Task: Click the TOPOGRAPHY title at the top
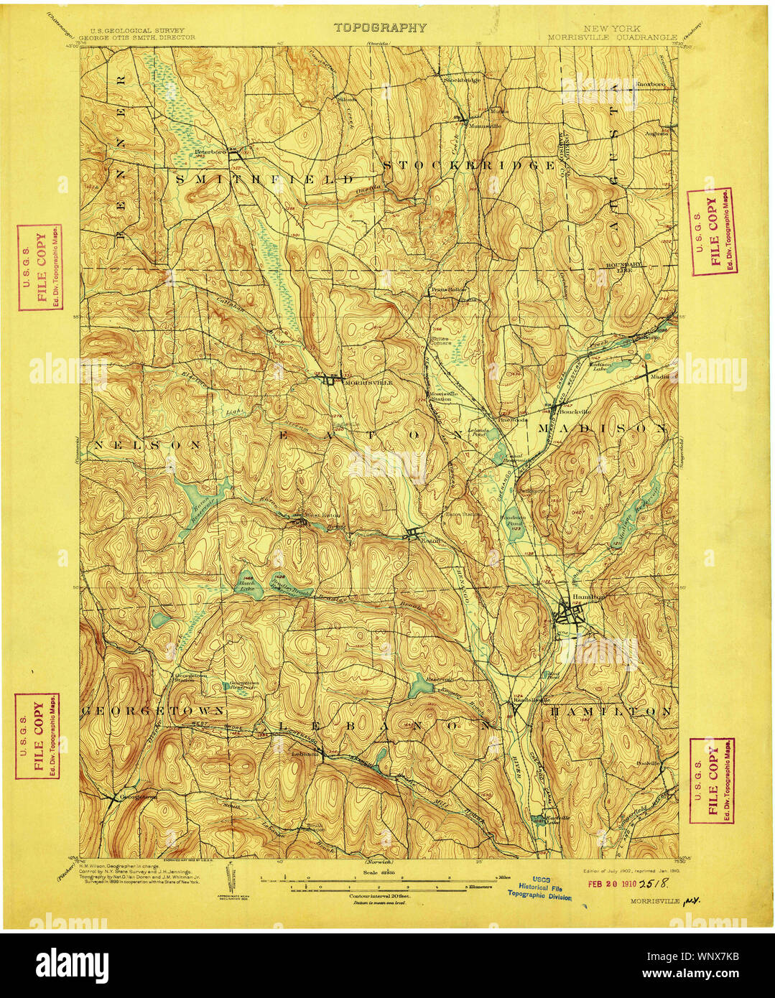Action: coord(379,28)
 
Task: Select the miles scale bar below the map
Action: coord(377,877)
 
